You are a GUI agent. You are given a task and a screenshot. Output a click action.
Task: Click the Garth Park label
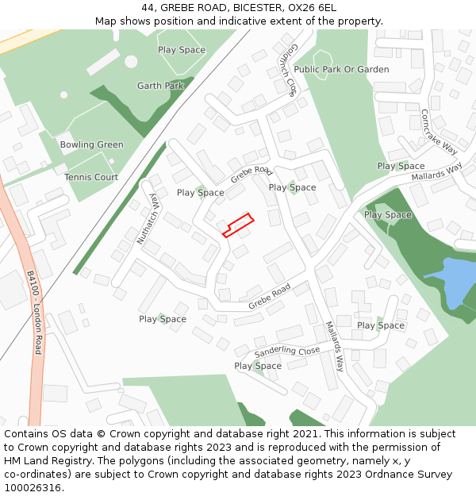pos(160,86)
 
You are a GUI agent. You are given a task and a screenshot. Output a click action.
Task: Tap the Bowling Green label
pos(92,144)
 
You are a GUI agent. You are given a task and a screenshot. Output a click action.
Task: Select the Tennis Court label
pos(91,177)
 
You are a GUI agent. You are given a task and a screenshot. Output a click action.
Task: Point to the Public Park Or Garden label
pos(341,69)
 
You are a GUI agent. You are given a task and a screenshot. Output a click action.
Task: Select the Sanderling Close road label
pos(287,351)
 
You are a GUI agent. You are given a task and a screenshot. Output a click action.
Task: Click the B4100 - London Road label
pos(34,311)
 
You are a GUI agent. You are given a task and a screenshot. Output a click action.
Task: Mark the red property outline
pos(237,225)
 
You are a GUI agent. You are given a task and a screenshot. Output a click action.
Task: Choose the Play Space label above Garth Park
pos(182,49)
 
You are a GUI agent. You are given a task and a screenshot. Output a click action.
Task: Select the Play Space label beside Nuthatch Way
pos(201,193)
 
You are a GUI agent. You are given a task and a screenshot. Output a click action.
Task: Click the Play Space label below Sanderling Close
pos(258,366)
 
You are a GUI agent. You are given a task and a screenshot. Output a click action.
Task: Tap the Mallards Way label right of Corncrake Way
pos(436,171)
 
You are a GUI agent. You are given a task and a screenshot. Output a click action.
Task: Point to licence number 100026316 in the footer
pos(33,487)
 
